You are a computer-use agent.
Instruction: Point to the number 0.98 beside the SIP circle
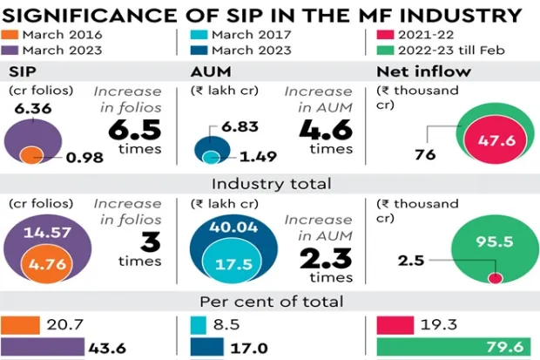[x=84, y=158]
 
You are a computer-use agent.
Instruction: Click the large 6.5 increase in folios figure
[x=136, y=128]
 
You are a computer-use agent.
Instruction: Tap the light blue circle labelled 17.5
[x=227, y=264]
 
